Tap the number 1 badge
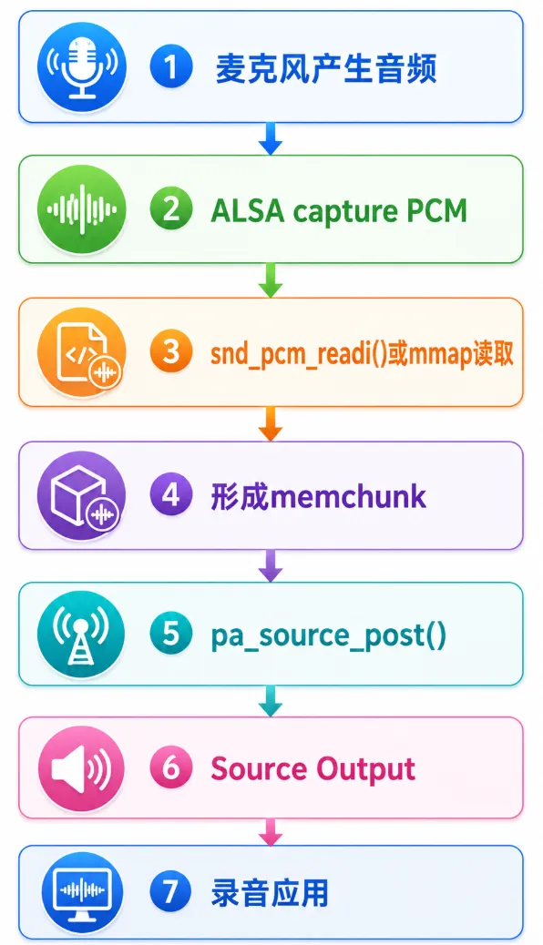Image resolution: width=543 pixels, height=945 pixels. click(171, 66)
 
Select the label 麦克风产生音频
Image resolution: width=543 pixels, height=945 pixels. click(326, 68)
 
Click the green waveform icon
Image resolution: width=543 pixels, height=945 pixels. click(82, 209)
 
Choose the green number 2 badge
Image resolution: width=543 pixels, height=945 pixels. click(171, 208)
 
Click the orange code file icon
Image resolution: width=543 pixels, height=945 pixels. click(82, 352)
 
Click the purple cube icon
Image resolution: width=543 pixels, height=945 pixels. click(82, 495)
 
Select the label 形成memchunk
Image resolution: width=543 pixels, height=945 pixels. click(319, 496)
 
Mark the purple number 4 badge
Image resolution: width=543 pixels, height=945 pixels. click(171, 494)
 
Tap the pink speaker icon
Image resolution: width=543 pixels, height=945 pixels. click(82, 769)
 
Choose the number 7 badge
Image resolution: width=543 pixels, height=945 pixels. click(171, 892)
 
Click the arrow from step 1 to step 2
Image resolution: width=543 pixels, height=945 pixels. click(271, 138)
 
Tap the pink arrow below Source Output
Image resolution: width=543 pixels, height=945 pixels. click(271, 832)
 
